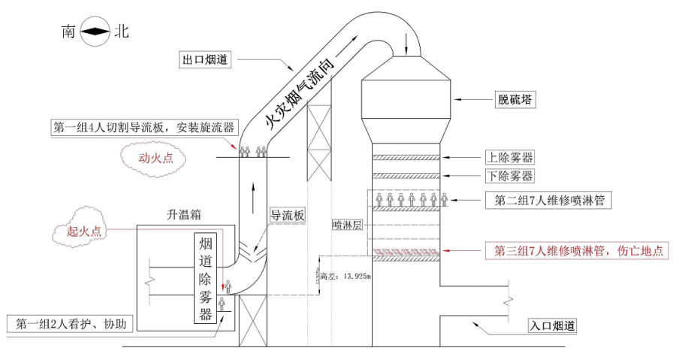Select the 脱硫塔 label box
click(x=515, y=98)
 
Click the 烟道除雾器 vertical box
click(x=205, y=279)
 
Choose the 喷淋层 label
click(x=347, y=225)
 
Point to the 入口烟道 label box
click(x=552, y=326)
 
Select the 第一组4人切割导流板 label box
click(x=143, y=127)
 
